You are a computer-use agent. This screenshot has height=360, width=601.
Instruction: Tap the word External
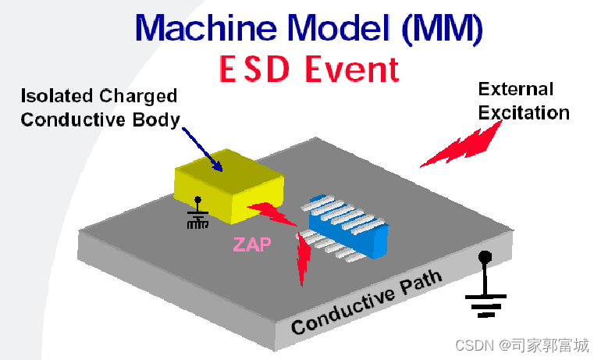pos(516,89)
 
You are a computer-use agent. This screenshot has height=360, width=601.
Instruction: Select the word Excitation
pos(524,112)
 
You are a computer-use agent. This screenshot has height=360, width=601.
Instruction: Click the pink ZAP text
pos(252,245)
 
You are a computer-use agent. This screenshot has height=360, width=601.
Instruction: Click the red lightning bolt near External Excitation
pos(461,146)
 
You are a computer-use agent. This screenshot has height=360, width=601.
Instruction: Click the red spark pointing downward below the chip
pos(303,258)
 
